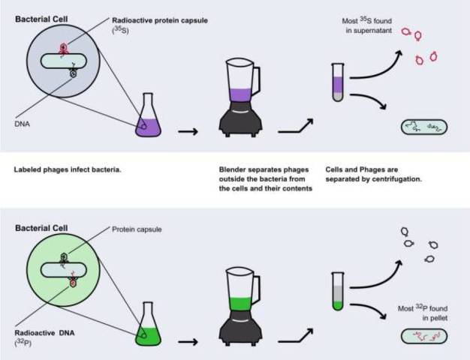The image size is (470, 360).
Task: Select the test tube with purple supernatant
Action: pos(338,82)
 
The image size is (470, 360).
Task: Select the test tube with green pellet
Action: pos(338,292)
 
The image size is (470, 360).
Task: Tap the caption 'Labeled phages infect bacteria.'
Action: pos(68,169)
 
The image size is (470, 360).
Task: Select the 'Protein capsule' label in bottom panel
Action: pos(137,229)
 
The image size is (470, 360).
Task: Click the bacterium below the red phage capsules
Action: pos(424,127)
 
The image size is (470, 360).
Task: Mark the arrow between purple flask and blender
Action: pos(188,131)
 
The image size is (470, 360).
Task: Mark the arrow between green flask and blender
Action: pos(188,340)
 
